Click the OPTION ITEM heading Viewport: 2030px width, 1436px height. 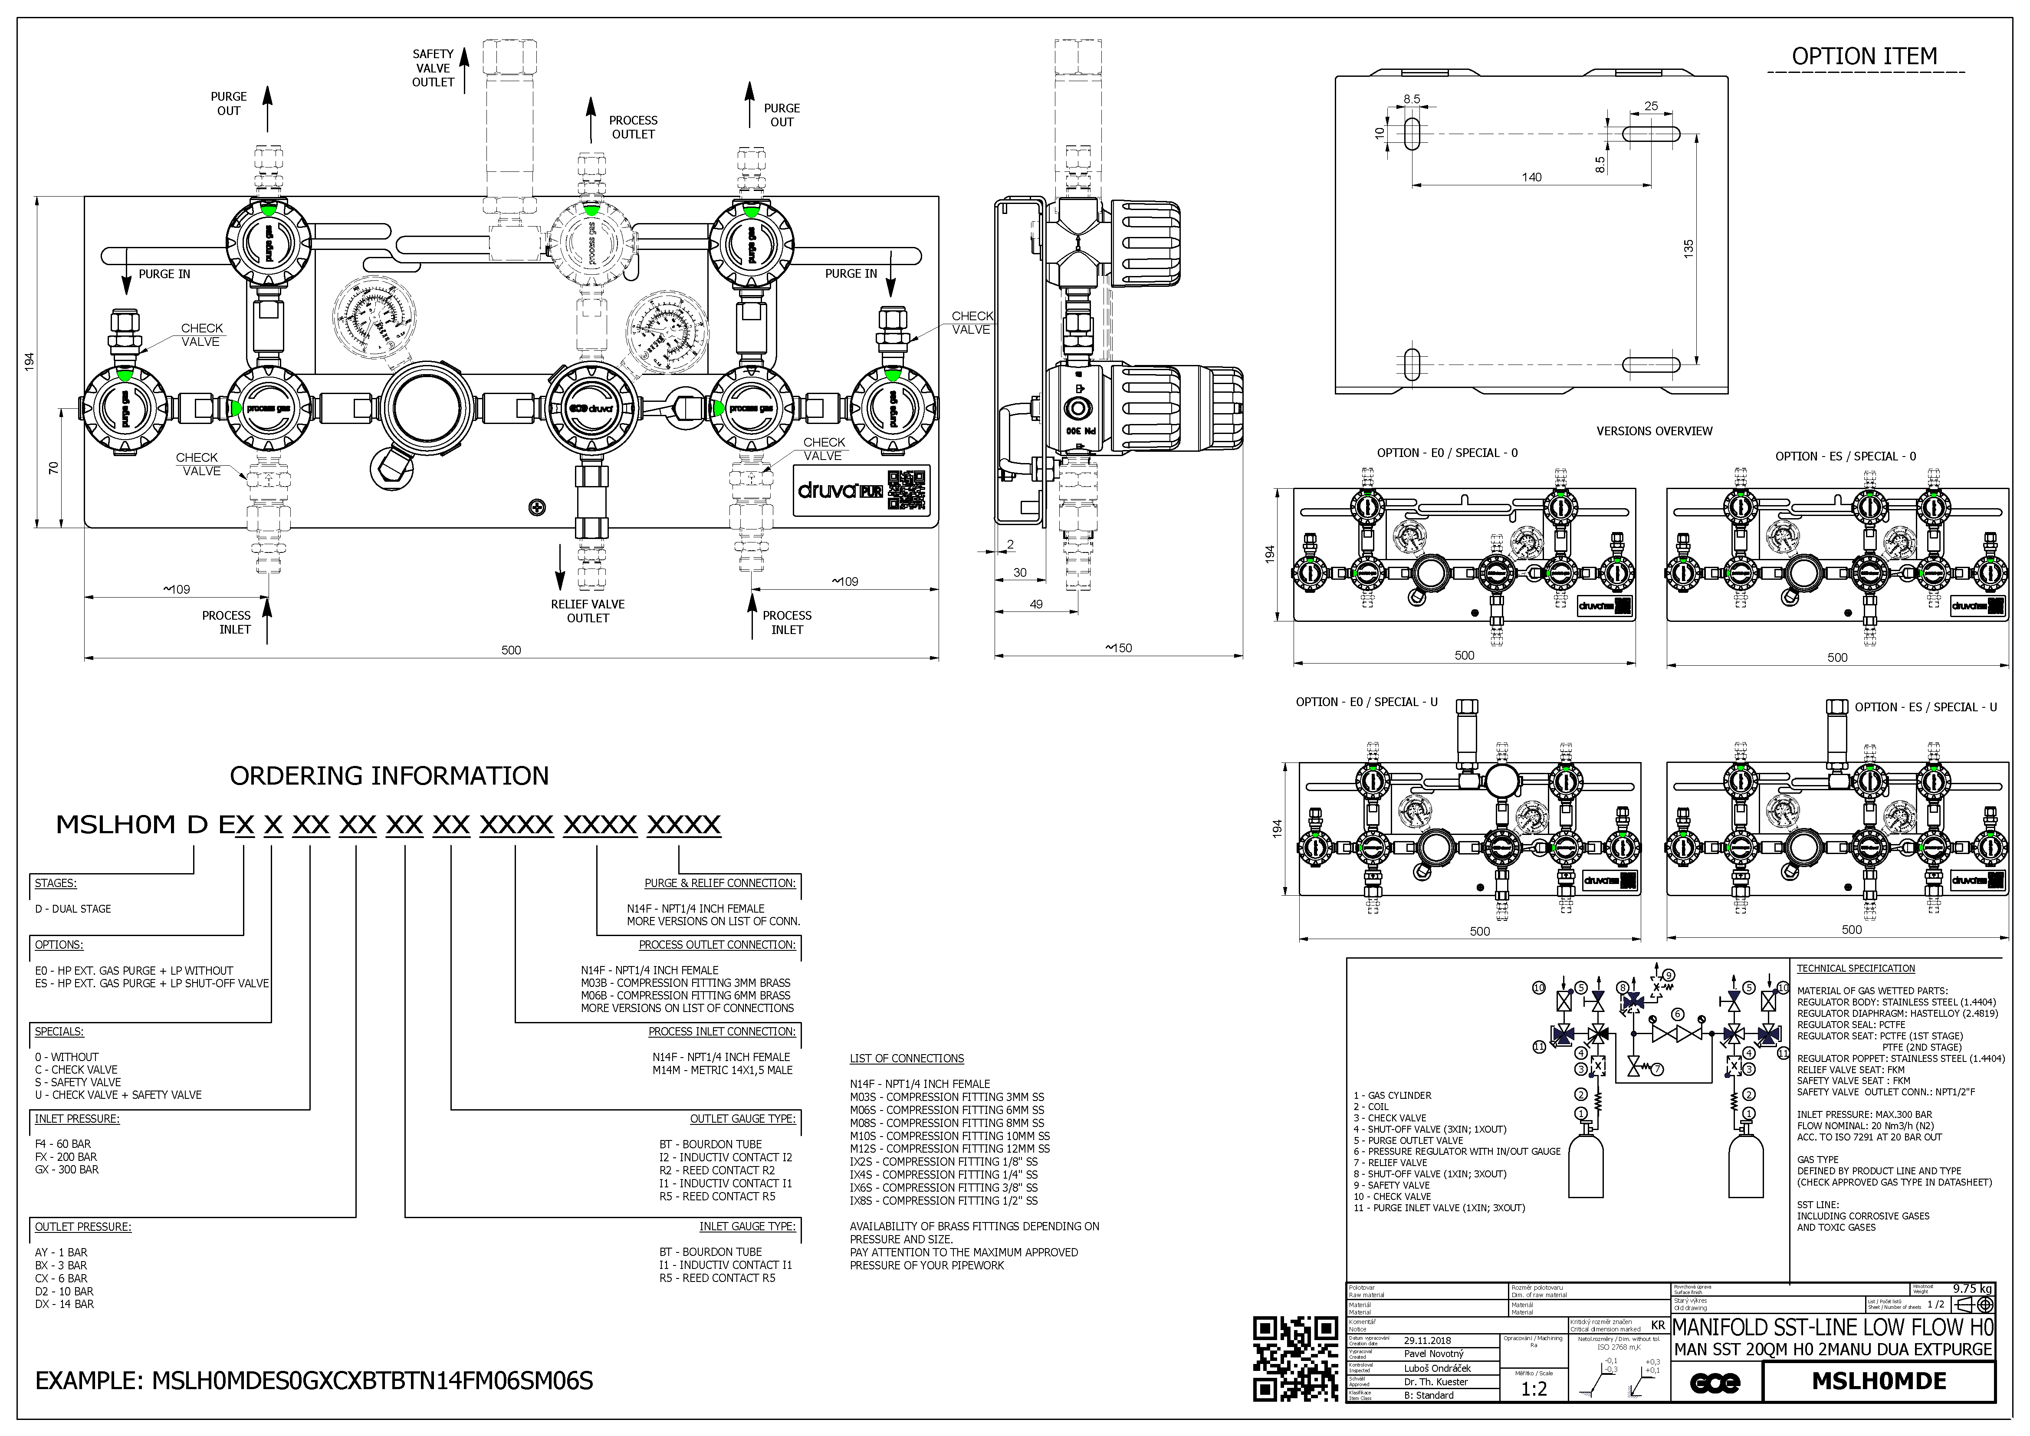(x=1864, y=56)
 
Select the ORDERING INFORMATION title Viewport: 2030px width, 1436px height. (x=389, y=776)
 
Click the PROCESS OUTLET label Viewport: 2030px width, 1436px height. (x=633, y=127)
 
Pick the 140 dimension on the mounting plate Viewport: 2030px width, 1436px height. (x=1531, y=178)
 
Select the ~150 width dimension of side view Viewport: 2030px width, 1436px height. (x=1118, y=648)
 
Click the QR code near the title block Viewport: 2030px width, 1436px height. (x=1296, y=1358)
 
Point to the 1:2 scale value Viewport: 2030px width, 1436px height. (x=1534, y=1389)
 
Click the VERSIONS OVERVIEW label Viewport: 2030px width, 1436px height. (x=1653, y=431)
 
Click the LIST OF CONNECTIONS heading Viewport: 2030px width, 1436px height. (x=906, y=1058)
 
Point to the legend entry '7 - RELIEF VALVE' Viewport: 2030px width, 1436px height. (x=1390, y=1163)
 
